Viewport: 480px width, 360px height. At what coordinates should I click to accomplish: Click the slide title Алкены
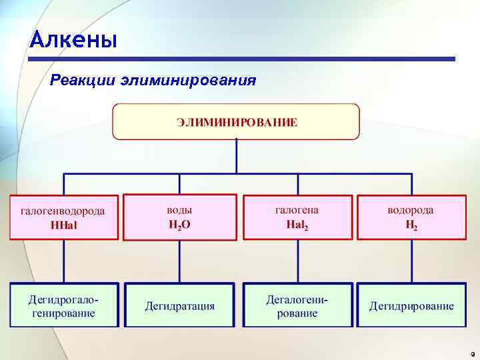coord(73,41)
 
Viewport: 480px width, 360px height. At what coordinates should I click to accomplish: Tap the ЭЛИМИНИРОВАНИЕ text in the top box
coord(237,122)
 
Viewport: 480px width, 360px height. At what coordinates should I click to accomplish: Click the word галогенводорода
coord(63,211)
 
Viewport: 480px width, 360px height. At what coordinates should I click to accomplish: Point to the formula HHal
coord(64,225)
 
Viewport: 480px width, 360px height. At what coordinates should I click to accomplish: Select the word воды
coord(179,209)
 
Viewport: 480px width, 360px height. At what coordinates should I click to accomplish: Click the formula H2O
coord(179,224)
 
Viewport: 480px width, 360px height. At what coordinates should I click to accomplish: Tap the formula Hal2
coord(297,225)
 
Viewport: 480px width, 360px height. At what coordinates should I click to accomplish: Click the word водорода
coord(411,210)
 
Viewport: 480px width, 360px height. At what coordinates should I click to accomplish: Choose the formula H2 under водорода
coord(411,225)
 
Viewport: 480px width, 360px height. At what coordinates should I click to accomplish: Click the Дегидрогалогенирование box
coord(64,305)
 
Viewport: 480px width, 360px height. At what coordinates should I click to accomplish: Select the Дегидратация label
coord(180,306)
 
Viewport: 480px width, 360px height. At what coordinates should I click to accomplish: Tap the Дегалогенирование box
coord(297,305)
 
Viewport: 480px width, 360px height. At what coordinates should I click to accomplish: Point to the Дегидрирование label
coord(411,306)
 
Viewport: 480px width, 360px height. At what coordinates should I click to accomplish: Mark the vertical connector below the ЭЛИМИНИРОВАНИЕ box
coord(237,157)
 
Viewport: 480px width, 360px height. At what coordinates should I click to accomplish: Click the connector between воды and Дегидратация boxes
coord(180,261)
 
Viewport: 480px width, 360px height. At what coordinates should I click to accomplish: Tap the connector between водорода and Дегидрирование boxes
coord(411,261)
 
